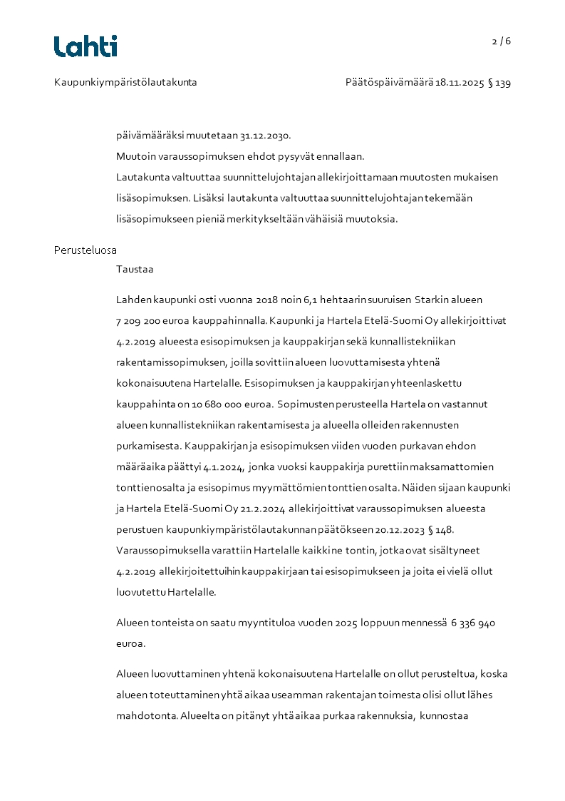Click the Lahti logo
click(85, 46)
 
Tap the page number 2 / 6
click(501, 41)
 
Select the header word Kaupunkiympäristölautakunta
click(125, 83)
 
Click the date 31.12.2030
click(265, 136)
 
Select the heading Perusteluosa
click(85, 250)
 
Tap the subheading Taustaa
click(135, 270)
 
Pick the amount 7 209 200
click(141, 321)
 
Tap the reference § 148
click(440, 530)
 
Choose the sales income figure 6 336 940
click(473, 623)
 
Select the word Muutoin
click(135, 156)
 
